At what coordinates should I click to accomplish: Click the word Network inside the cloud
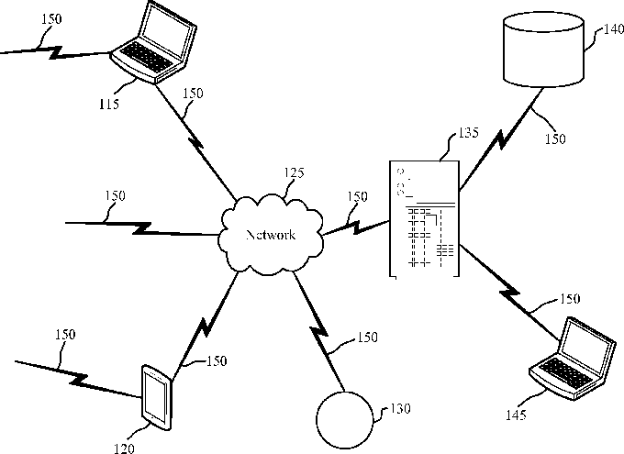(271, 235)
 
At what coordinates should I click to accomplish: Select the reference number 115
(109, 104)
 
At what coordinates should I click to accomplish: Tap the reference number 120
(124, 448)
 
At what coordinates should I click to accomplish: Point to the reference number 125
(294, 172)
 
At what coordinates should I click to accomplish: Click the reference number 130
(400, 409)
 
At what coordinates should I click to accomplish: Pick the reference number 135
(468, 132)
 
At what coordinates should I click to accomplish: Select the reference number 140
(614, 29)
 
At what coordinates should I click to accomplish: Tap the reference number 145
(516, 415)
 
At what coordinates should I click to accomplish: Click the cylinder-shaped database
(543, 50)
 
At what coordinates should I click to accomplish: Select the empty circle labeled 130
(345, 420)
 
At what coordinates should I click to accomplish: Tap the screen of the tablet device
(155, 397)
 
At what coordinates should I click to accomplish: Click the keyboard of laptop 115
(147, 57)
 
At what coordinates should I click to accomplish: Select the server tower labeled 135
(424, 218)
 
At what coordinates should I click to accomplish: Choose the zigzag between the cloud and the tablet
(204, 327)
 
